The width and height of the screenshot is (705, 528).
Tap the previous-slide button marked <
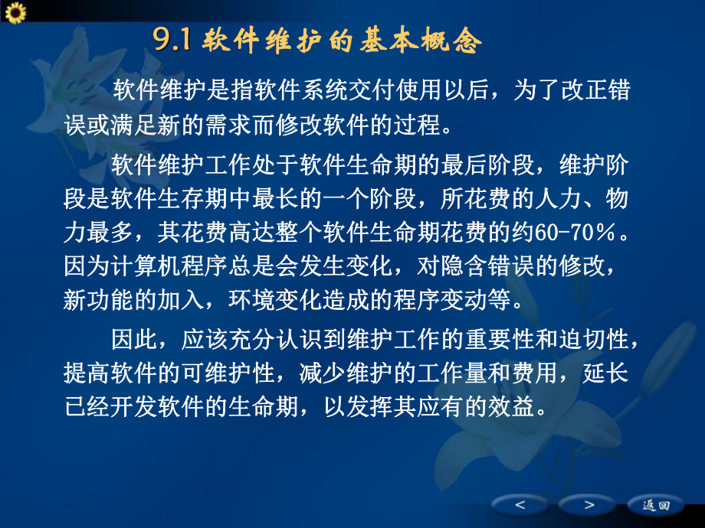[520, 505]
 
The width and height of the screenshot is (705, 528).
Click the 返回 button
[656, 505]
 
